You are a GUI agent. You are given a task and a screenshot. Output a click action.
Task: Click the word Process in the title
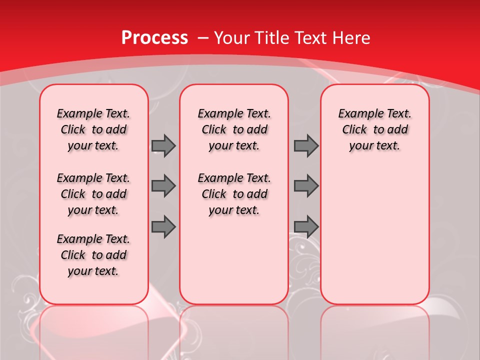[x=154, y=38]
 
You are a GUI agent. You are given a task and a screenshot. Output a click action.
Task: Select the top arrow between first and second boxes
[x=163, y=146]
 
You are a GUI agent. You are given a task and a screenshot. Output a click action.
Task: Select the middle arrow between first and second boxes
[x=163, y=186]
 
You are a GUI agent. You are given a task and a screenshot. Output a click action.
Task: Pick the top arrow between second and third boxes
[x=306, y=146]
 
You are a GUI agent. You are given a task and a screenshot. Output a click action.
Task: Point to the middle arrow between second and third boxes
[x=306, y=186]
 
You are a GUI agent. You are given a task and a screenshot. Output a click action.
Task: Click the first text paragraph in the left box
[x=93, y=129]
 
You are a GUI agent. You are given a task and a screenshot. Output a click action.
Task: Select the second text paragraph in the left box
[x=93, y=194]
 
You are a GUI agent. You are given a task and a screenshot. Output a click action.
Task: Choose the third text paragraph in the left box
[x=93, y=255]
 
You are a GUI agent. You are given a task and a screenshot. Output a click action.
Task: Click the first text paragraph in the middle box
[x=234, y=129]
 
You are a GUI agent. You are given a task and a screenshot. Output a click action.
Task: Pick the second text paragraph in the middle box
[x=234, y=194]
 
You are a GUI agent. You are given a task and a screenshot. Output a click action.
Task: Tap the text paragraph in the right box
[x=375, y=129]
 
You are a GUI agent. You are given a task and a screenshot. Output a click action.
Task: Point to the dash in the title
[x=203, y=38]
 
